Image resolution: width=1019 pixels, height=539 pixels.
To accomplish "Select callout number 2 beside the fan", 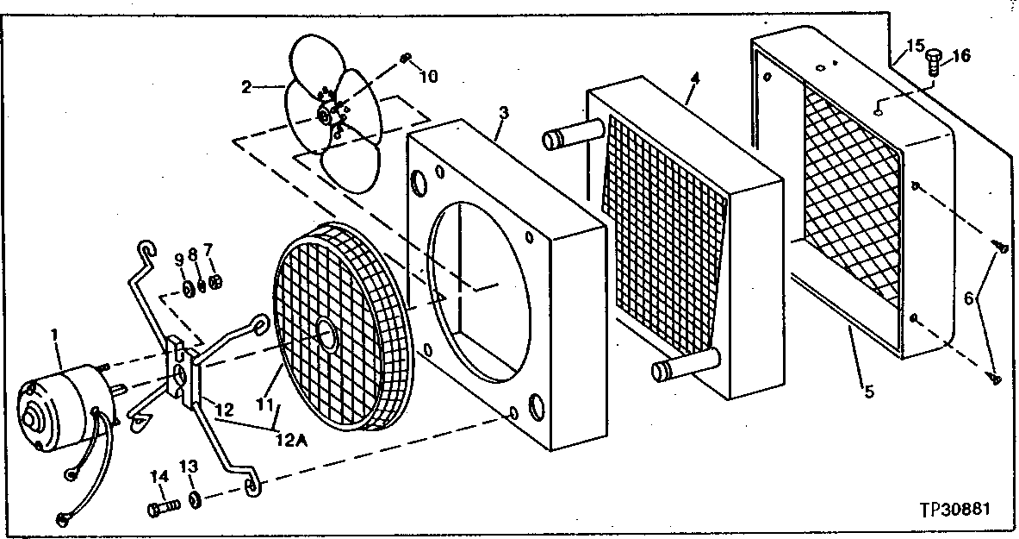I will point(246,86).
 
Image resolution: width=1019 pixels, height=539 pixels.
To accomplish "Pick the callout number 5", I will point(868,392).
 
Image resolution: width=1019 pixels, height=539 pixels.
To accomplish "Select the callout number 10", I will point(428,76).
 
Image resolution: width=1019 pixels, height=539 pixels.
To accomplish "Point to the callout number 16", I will point(960,56).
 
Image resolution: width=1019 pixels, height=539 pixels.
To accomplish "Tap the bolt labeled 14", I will point(163,509).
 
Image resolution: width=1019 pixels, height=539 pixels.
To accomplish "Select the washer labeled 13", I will point(196,499).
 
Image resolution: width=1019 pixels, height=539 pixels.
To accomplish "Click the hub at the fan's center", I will point(324,115).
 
